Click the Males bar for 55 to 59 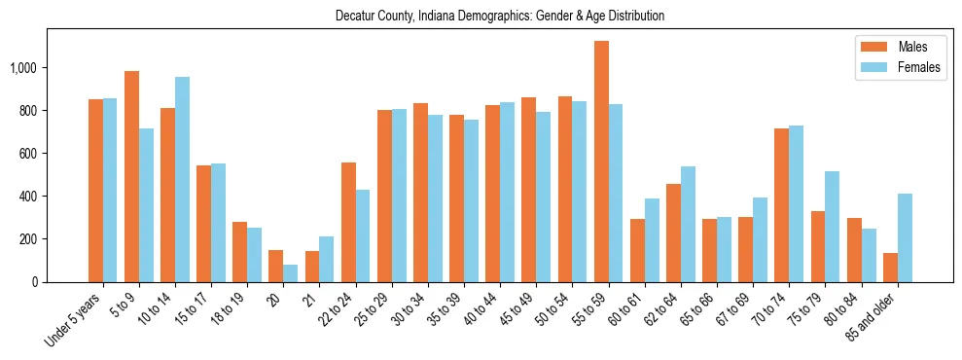click(601, 162)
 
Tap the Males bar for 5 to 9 click(131, 176)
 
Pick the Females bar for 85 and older click(905, 237)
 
